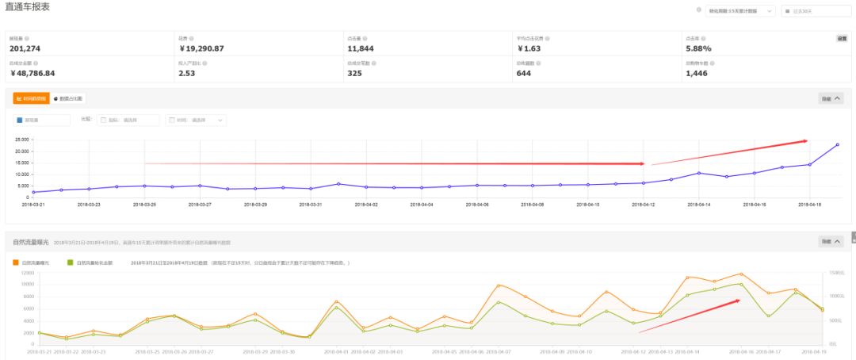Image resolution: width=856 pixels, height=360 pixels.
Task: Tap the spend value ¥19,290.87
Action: pos(201,48)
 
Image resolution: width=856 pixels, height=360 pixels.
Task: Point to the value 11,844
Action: pos(360,48)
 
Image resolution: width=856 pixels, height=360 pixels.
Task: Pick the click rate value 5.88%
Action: pos(698,48)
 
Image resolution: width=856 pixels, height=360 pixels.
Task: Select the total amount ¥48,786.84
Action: pos(32,73)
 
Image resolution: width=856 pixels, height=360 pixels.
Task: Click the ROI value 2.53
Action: pos(187,73)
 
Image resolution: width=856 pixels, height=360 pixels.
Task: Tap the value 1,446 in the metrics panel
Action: pos(697,73)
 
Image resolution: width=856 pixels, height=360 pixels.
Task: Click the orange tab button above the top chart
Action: pos(32,98)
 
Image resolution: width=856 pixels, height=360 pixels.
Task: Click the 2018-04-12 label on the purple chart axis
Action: pos(644,204)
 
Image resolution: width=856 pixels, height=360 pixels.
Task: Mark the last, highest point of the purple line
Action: pos(837,144)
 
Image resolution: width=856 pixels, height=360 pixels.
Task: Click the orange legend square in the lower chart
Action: pos(16,262)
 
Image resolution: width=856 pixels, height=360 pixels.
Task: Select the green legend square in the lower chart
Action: pos(71,262)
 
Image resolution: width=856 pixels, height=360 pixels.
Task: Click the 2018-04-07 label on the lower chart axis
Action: pos(499,350)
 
